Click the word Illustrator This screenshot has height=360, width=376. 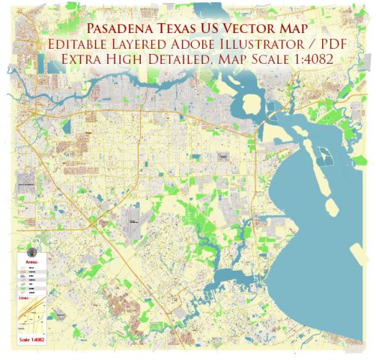(x=264, y=45)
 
